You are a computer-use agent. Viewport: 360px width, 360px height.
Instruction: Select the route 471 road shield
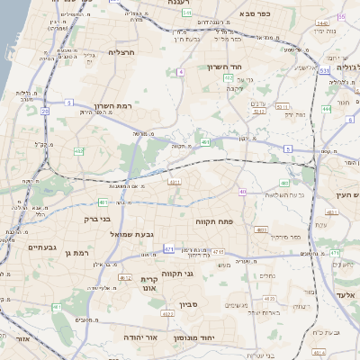pos(168,247)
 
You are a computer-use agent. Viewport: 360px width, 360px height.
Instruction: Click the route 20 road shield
pos(45,111)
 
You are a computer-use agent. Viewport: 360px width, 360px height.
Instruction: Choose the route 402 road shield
pos(79,151)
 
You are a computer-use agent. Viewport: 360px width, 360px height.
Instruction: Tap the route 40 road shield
pos(242,191)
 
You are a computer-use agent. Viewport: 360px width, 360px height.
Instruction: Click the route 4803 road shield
pos(262,229)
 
